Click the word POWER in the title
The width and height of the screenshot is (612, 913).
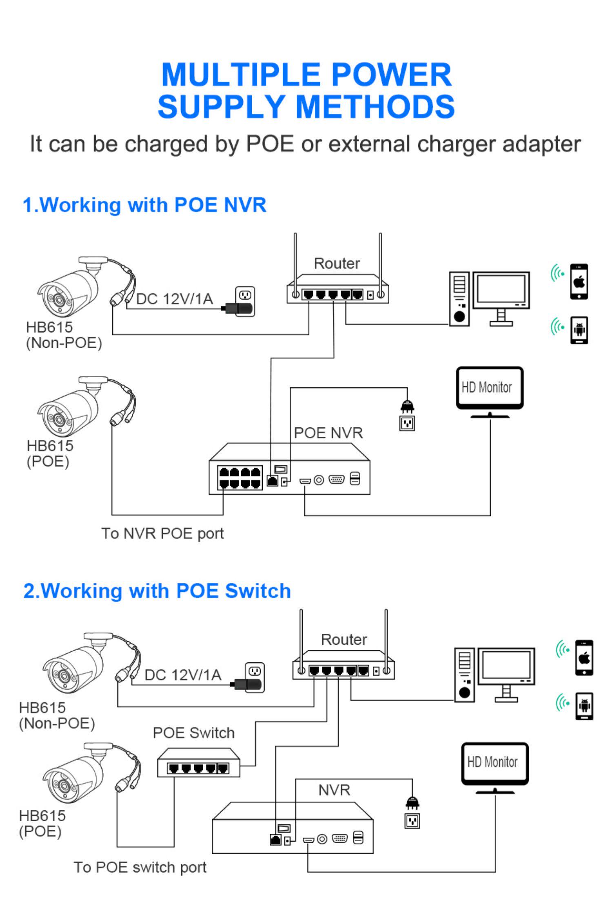391,75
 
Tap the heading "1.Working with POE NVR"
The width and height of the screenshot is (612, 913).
144,205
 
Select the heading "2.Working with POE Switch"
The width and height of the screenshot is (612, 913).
157,591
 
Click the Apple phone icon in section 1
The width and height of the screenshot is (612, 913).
579,282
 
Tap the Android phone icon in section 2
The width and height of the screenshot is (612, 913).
584,706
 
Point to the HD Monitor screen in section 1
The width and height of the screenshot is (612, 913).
489,387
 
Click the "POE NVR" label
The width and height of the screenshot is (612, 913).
328,433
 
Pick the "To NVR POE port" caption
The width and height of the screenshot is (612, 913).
162,533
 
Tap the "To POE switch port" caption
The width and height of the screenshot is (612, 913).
140,867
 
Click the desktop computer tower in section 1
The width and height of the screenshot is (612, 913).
459,299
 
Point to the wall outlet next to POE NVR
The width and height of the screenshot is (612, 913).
407,423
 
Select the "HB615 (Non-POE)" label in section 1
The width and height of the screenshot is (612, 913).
64,335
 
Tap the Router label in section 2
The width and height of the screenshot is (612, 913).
344,640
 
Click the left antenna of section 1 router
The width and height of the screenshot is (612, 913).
295,261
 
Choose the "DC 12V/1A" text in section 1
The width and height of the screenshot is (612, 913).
174,299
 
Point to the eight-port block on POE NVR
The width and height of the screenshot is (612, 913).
239,478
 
